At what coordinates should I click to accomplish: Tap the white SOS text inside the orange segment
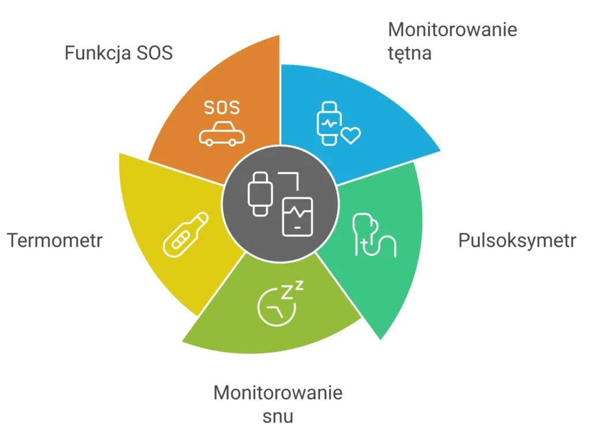[x=222, y=108]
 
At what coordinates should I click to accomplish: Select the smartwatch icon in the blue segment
[x=328, y=123]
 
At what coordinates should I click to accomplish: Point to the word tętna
[x=409, y=54]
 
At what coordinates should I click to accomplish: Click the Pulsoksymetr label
[x=517, y=241]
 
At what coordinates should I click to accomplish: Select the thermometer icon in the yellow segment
[x=185, y=234]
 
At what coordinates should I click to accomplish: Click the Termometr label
[x=55, y=240]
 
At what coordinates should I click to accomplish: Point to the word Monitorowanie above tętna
[x=452, y=29]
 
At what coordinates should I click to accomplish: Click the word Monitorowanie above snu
[x=278, y=393]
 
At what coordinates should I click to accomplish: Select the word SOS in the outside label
[x=154, y=53]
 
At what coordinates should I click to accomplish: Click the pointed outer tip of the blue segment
[x=440, y=151]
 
